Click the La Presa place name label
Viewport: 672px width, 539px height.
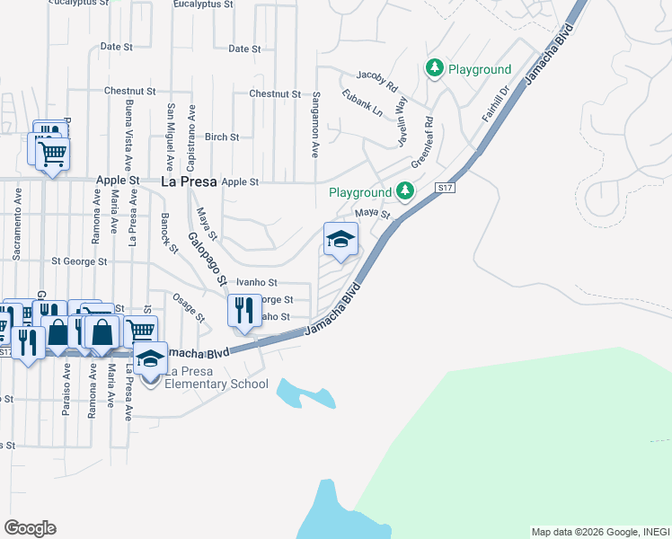189,181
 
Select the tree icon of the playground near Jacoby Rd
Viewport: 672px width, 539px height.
435,68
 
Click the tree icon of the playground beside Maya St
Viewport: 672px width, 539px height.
405,191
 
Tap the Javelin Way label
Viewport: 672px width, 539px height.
401,120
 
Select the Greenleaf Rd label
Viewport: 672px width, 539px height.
422,143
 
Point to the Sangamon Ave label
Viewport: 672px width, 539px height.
316,124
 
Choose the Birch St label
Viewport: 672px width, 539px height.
222,137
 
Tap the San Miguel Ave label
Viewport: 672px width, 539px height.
169,131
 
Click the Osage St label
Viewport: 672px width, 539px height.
190,306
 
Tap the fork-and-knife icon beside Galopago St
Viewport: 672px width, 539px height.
244,311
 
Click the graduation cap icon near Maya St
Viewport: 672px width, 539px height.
340,239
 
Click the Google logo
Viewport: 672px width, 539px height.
31,528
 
